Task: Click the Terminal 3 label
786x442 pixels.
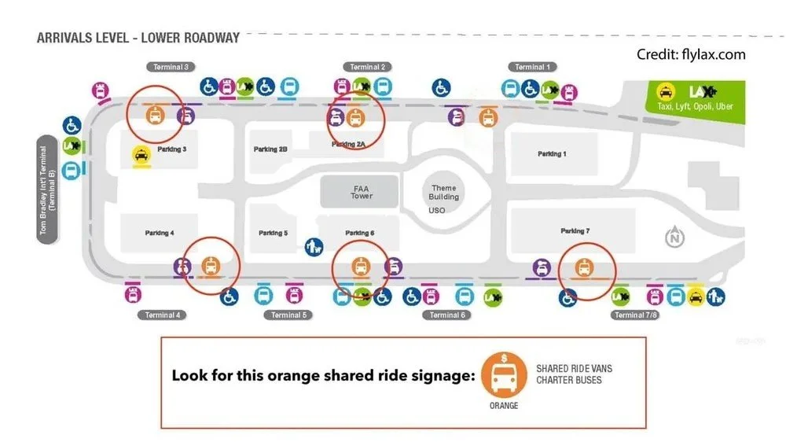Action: point(169,68)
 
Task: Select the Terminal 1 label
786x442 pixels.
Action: point(531,68)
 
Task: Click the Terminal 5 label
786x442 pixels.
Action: point(286,315)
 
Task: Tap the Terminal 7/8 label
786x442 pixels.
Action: point(635,315)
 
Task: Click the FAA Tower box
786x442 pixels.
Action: point(361,192)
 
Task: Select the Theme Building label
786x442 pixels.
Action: point(443,192)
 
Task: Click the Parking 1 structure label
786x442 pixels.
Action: point(551,154)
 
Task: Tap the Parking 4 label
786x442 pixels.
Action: point(160,233)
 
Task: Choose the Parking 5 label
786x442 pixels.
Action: point(273,233)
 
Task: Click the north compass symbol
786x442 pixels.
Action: point(675,237)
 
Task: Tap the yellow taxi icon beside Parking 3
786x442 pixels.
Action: point(141,155)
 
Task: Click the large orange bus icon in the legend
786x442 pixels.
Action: point(504,376)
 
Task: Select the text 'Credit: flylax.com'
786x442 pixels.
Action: point(691,54)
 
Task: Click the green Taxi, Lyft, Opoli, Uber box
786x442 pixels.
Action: point(693,97)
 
